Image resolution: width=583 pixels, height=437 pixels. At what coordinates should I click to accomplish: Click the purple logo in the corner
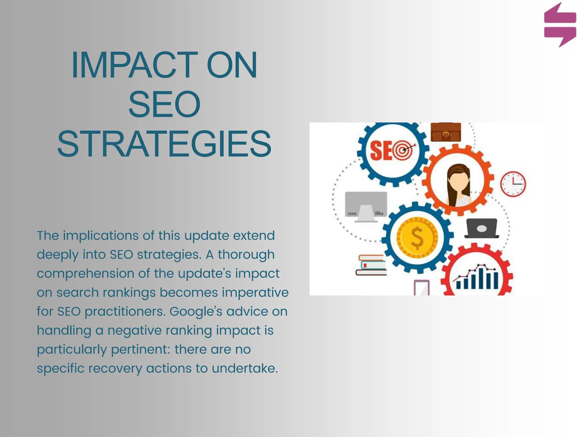point(560,25)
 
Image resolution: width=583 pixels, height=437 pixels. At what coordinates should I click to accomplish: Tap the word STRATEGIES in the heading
point(164,144)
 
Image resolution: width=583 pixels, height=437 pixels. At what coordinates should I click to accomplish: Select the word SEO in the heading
point(164,104)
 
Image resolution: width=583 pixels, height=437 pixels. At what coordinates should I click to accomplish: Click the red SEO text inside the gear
point(380,151)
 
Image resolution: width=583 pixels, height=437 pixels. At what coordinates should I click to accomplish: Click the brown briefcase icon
point(446,132)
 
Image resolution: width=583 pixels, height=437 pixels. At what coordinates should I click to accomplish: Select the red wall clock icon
point(513,184)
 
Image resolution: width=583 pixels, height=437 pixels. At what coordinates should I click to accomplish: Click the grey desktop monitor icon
point(366,206)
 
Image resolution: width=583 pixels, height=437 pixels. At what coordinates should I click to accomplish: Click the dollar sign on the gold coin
point(417,238)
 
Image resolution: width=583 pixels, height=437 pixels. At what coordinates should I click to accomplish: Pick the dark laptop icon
point(482,228)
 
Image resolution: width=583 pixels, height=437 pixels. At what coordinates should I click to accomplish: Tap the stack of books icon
point(371,265)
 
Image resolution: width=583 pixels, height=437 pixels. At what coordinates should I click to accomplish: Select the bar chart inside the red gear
point(477,277)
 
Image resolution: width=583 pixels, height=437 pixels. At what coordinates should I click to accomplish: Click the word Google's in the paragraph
point(196,312)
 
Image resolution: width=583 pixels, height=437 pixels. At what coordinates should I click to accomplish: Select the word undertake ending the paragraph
point(245,368)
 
